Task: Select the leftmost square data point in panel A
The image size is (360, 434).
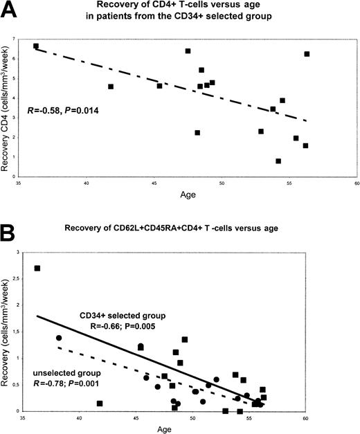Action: [36, 46]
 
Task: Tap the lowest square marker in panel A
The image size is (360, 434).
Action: [278, 161]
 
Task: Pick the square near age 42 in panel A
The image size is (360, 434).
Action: [111, 87]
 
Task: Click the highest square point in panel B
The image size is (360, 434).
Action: [37, 269]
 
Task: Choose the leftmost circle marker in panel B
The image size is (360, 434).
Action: [59, 338]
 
